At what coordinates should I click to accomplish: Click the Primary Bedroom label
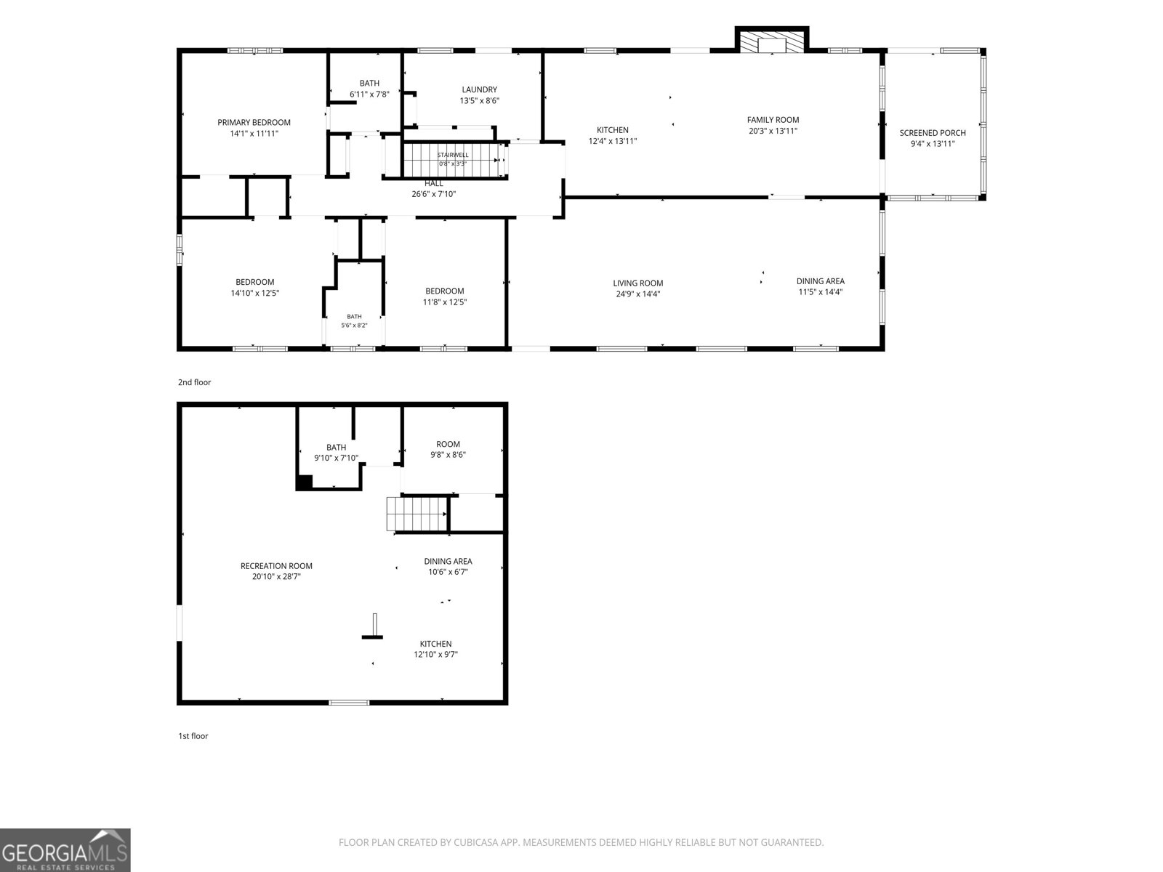pos(254,122)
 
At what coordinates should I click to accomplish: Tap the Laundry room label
pos(480,89)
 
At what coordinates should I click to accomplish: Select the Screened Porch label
pos(933,133)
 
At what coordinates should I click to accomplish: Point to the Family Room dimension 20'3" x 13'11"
pos(773,131)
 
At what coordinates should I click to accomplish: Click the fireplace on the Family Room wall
pos(772,40)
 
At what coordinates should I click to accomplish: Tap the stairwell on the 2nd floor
pos(452,160)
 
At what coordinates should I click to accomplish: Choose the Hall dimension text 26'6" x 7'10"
pos(434,194)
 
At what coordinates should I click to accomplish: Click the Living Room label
pos(638,283)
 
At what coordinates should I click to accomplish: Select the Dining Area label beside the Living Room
pos(820,281)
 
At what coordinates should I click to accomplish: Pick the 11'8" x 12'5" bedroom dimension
pos(445,302)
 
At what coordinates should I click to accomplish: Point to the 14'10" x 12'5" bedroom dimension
pos(255,294)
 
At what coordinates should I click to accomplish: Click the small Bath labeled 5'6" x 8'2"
pos(355,317)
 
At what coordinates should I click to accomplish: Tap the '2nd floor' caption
pos(195,382)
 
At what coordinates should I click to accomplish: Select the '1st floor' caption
pos(193,736)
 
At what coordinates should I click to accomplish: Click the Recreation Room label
pos(276,566)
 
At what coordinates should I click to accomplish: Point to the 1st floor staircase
pos(417,514)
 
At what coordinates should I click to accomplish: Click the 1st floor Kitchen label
pos(435,644)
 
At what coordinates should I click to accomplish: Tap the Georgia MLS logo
pos(65,850)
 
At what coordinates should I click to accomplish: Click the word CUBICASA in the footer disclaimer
pos(475,842)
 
